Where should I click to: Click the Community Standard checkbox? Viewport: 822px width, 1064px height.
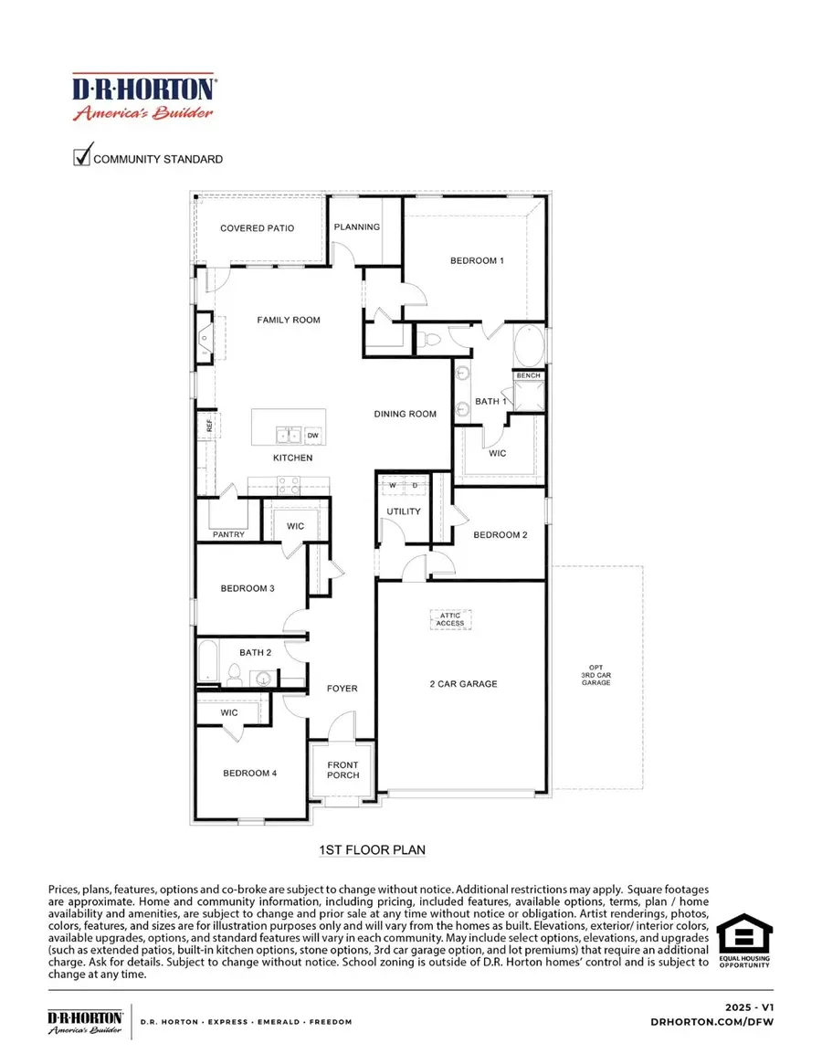tap(81, 157)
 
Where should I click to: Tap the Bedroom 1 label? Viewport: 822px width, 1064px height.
tap(477, 260)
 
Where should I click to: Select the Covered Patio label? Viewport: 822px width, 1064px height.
tap(257, 228)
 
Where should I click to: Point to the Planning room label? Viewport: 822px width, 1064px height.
tap(356, 227)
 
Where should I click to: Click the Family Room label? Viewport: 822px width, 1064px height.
tap(288, 320)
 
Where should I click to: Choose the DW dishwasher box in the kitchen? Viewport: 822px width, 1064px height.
tap(312, 435)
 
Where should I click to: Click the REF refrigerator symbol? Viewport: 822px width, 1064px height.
tap(208, 426)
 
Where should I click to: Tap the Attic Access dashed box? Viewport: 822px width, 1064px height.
tap(451, 619)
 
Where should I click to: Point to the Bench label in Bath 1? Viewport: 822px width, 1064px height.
tap(528, 375)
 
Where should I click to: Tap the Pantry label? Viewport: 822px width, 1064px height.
tap(227, 534)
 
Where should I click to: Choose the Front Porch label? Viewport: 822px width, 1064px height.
tap(343, 770)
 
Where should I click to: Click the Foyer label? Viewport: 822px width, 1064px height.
tap(343, 689)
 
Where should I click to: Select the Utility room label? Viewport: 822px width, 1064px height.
tap(404, 511)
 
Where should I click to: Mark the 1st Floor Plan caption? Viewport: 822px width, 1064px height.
tap(372, 850)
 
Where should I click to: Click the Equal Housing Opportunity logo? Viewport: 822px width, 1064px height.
tap(743, 941)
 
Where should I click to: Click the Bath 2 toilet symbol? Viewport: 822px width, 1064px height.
tap(234, 675)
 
